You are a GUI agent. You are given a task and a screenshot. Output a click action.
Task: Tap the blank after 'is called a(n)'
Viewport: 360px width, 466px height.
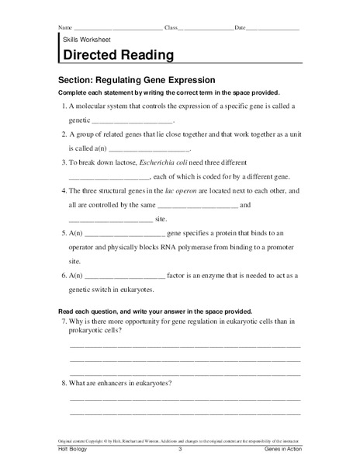(x=151, y=148)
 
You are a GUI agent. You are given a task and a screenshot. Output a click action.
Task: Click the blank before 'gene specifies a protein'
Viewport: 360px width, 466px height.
(x=125, y=233)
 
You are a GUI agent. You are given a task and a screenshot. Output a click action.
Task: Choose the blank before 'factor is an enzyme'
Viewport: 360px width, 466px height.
(x=125, y=275)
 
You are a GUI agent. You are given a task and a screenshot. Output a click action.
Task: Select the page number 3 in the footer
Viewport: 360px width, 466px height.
(x=179, y=450)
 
